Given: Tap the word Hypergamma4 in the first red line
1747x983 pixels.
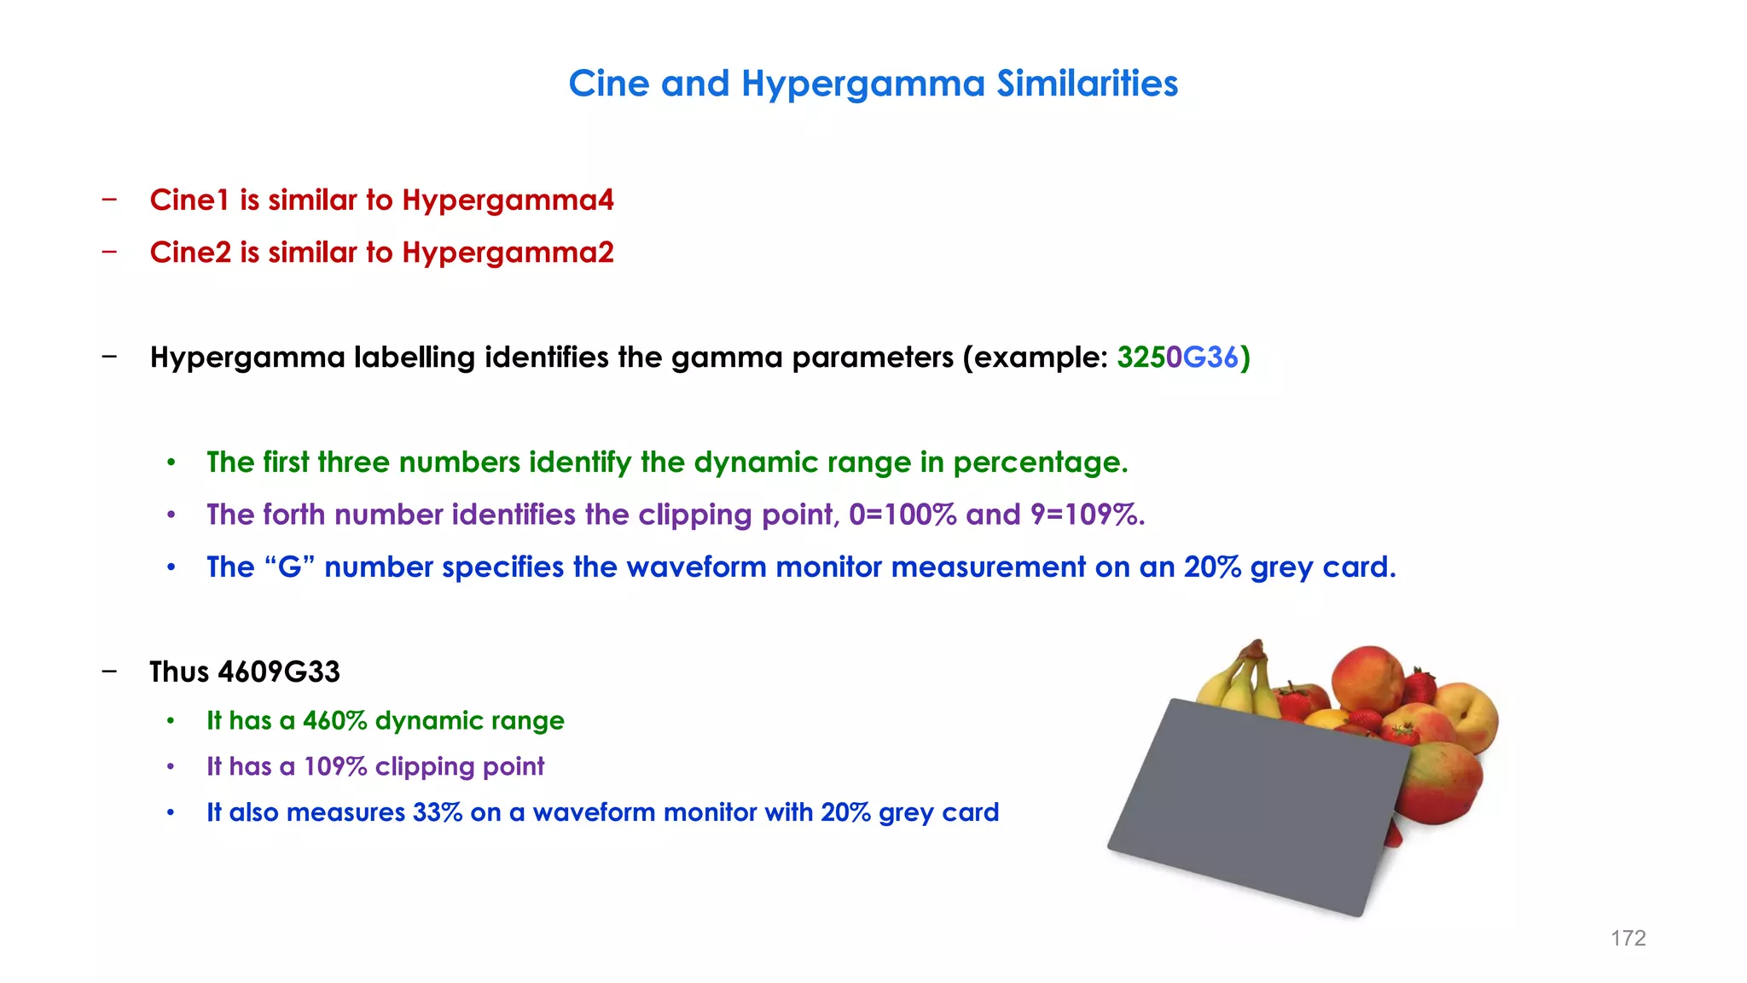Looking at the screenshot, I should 508,201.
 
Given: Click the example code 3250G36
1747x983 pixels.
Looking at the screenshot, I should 1177,358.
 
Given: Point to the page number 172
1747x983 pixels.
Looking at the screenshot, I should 1628,939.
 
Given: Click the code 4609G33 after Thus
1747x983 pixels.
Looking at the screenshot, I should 279,672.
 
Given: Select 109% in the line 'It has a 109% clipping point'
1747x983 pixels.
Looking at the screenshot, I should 335,767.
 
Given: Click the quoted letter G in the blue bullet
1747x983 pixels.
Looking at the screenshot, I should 290,567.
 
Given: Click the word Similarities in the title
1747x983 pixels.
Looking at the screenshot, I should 1087,84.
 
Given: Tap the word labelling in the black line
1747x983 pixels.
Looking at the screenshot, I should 414,358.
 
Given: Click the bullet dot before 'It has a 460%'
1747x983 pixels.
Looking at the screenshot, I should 171,722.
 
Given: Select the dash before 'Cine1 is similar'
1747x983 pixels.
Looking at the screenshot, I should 109,201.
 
